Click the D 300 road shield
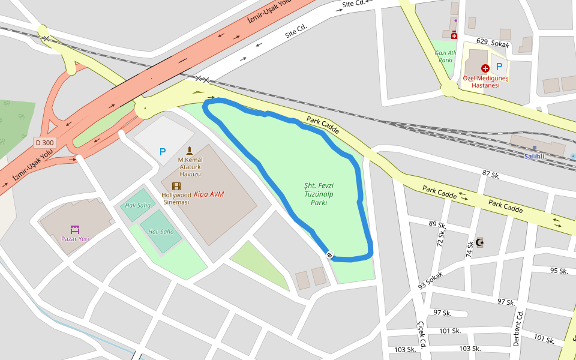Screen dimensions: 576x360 [45, 143]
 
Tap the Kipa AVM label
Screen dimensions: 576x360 [209, 194]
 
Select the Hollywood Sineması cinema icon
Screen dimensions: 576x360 [176, 187]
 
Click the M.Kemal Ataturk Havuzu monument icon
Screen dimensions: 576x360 [190, 151]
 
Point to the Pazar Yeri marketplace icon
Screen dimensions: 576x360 [75, 229]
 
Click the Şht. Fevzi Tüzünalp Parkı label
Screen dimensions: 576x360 [318, 194]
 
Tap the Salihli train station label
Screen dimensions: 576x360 [534, 156]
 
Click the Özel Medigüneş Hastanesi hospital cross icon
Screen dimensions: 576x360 [485, 68]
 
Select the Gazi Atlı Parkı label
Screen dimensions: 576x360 [445, 56]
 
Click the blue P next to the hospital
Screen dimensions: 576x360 [499, 67]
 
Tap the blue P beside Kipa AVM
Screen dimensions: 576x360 [162, 152]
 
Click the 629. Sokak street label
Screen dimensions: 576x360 [492, 44]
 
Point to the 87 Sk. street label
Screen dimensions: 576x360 [491, 175]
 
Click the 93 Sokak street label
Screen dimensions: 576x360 [430, 279]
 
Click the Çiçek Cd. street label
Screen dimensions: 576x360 [422, 334]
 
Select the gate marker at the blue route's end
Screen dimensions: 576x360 [330, 255]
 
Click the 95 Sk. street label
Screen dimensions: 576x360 [559, 271]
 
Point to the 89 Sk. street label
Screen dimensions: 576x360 [437, 224]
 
